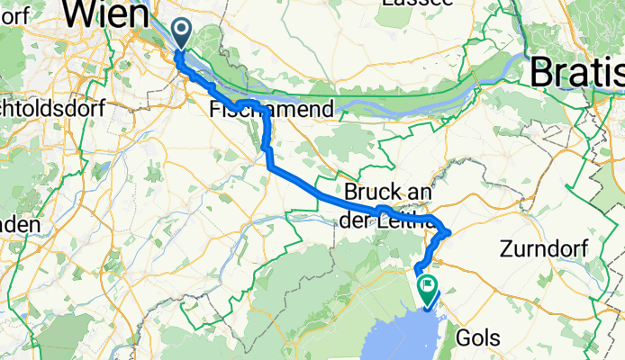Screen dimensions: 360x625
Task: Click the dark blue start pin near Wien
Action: pyautogui.click(x=181, y=35)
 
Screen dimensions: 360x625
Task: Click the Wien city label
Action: pyautogui.click(x=107, y=15)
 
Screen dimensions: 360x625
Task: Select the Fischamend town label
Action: pyautogui.click(x=271, y=109)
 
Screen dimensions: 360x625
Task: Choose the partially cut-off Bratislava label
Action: pyautogui.click(x=577, y=71)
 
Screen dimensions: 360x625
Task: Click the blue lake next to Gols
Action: pyautogui.click(x=396, y=337)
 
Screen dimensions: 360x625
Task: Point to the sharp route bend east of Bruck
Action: pyautogui.click(x=448, y=233)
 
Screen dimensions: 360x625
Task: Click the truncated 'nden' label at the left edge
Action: pyautogui.click(x=20, y=224)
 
